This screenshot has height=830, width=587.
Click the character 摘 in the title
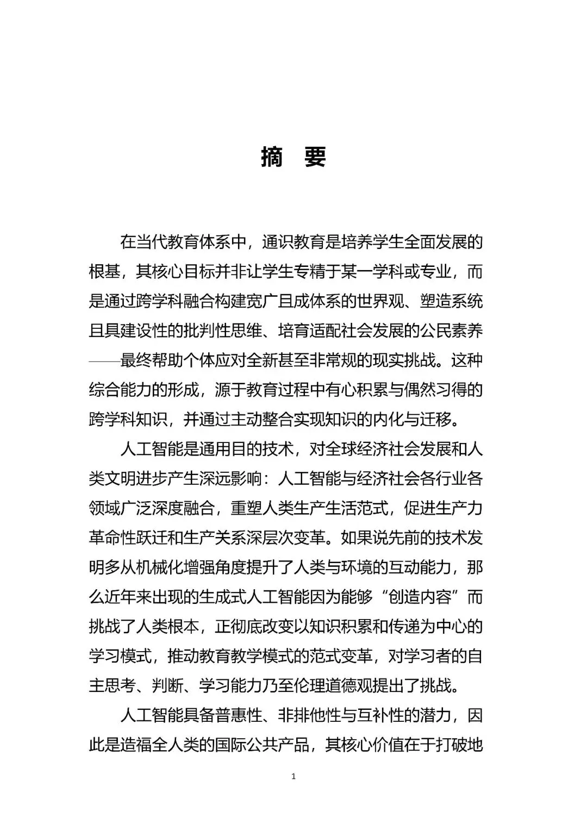tap(272, 157)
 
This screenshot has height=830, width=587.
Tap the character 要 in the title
tap(315, 157)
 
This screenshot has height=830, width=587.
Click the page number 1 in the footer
tap(293, 777)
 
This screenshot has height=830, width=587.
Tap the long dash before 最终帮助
tap(104, 360)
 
